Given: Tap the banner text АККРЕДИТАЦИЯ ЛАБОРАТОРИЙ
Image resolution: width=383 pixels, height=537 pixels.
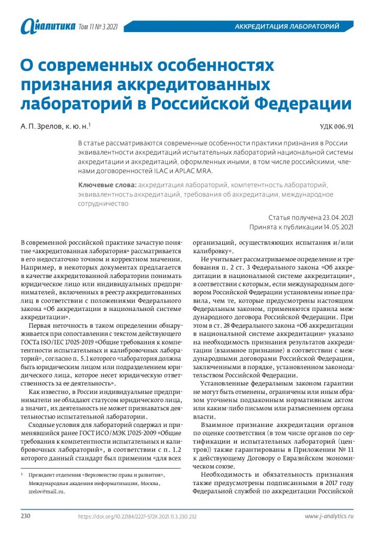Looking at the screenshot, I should (x=286, y=26).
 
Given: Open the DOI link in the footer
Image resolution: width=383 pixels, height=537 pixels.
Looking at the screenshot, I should (x=137, y=517).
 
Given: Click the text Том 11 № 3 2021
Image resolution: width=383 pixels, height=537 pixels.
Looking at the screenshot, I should (x=97, y=26).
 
